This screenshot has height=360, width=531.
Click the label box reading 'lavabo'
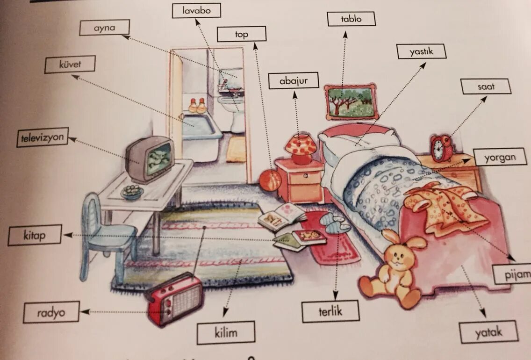tap(196, 10)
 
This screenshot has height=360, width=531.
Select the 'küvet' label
tap(70, 65)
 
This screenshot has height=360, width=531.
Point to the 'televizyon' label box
tap(42, 137)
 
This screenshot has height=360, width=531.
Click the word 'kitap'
tap(35, 235)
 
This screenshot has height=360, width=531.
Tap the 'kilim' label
tap(226, 333)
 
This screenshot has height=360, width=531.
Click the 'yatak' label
tap(488, 332)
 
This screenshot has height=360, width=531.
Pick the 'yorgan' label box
tap(500, 157)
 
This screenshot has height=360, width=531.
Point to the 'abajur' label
tap(294, 80)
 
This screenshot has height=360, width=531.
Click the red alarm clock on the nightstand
tap(441, 148)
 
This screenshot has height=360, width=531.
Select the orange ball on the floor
tap(270, 180)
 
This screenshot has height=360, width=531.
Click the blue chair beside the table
tap(103, 234)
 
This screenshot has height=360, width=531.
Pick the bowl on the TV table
tap(132, 192)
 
